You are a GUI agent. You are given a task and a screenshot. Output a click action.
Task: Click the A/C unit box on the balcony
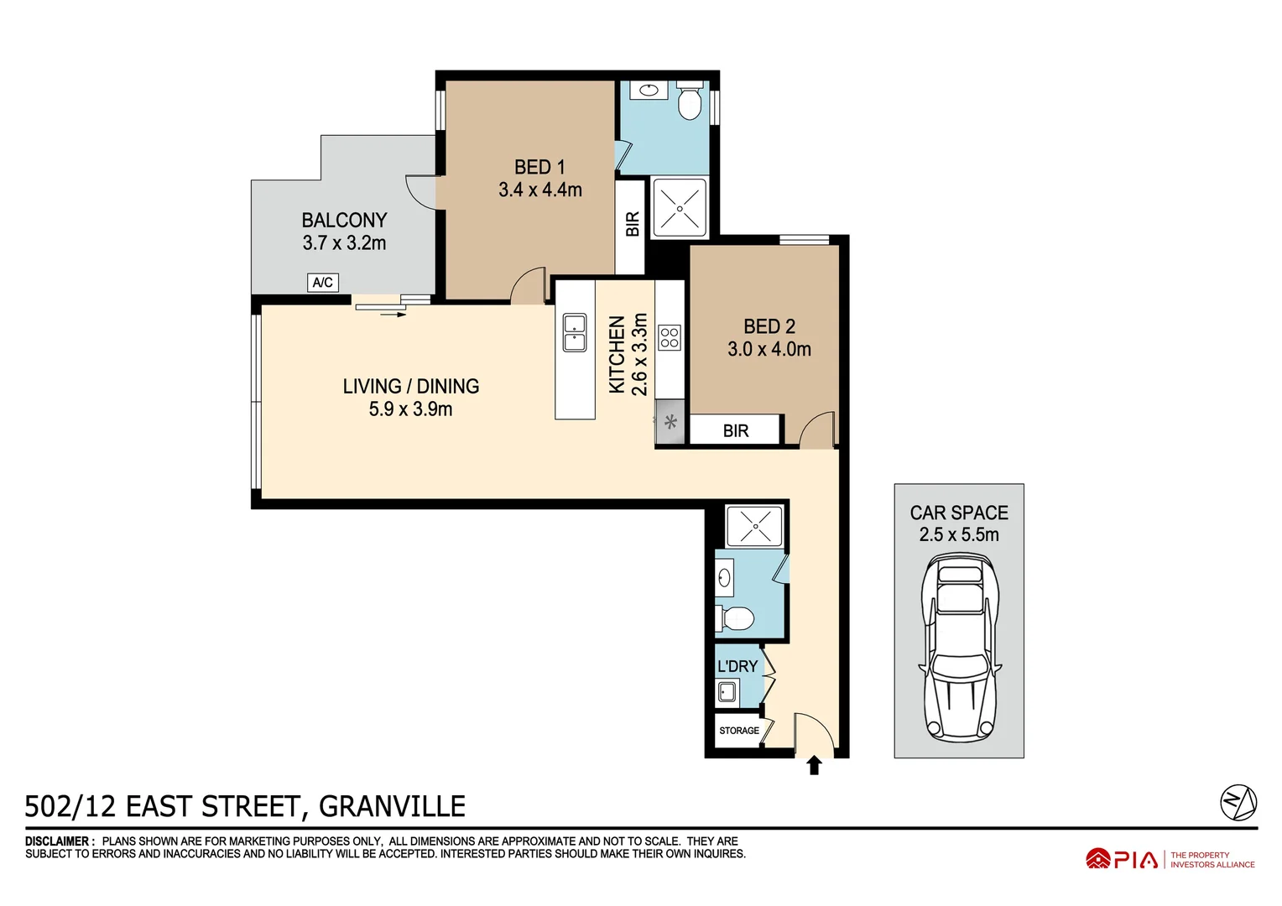(x=322, y=283)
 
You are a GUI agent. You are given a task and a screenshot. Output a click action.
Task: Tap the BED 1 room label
(x=539, y=167)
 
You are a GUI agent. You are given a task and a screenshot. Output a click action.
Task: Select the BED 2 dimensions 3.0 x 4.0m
(x=769, y=349)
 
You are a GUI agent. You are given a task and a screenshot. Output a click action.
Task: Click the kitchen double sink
(x=575, y=333)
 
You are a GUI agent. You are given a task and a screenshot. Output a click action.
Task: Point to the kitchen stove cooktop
(x=670, y=338)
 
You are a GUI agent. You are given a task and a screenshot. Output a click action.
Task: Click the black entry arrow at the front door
(x=813, y=765)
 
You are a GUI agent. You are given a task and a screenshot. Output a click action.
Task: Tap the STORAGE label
(x=738, y=731)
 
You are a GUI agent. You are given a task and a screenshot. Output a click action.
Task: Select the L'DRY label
(x=737, y=666)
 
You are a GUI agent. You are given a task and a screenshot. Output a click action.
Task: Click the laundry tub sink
(x=727, y=692)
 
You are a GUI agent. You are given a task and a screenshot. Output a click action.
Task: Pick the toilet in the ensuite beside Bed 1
(x=690, y=102)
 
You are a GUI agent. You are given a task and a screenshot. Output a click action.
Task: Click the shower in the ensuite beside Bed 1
(x=679, y=208)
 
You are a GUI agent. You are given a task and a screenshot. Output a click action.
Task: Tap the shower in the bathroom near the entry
(x=754, y=526)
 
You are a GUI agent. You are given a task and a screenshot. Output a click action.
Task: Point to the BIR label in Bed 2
(x=736, y=430)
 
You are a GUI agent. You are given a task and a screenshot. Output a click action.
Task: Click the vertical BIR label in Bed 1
(x=633, y=224)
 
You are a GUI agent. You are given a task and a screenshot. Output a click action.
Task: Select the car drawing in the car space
(x=959, y=651)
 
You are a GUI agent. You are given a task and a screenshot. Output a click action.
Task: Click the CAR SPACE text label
(x=959, y=513)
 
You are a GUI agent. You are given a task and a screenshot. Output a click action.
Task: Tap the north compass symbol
(x=1238, y=803)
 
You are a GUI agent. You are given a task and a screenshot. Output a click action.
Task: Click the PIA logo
(x=1122, y=859)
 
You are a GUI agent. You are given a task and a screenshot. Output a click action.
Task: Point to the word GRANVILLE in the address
(x=392, y=806)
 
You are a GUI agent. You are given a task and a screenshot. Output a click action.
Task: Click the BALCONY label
(x=344, y=220)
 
